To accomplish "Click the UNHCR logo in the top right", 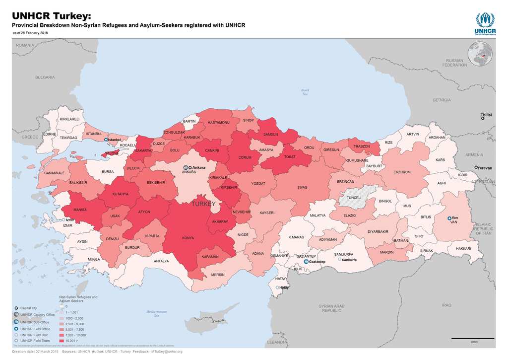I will (485, 23).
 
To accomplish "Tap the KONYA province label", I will (188, 238).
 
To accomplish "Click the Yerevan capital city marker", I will (476, 168).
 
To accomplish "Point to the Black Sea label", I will (305, 92).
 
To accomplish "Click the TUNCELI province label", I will (354, 198).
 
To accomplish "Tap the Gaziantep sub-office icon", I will (306, 261).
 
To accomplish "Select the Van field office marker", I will (449, 218).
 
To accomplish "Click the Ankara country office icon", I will (186, 168).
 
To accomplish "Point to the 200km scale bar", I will (473, 339).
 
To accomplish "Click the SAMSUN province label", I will (270, 135).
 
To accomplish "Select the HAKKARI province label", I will (463, 248).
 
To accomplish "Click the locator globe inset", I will (480, 54).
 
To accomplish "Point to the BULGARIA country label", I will (45, 77).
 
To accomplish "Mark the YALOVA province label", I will (112, 153).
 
